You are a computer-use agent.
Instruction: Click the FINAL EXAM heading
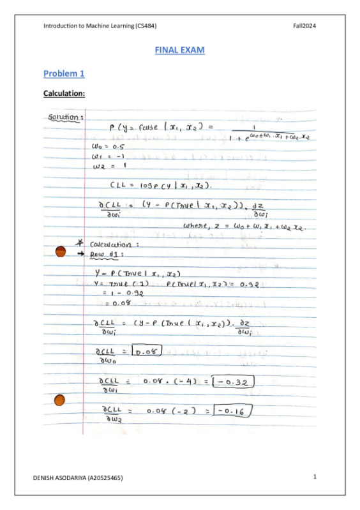179,49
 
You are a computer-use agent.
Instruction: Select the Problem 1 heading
64,74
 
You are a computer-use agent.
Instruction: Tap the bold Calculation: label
64,94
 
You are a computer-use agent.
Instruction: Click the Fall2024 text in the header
304,26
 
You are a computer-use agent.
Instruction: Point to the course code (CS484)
146,26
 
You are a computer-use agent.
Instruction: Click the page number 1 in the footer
315,477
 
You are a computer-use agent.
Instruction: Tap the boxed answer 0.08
147,350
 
